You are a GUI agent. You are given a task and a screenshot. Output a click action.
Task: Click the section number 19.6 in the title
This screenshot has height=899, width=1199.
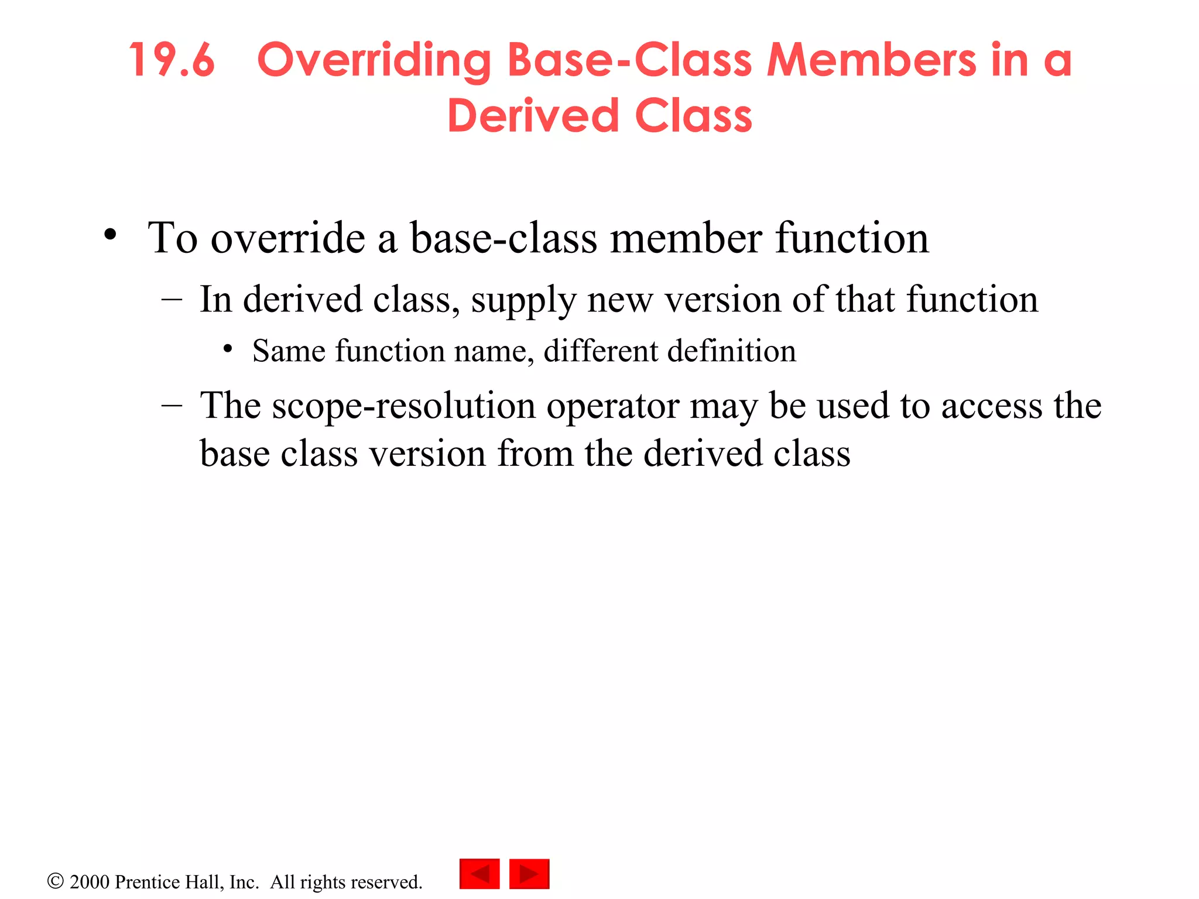tap(172, 60)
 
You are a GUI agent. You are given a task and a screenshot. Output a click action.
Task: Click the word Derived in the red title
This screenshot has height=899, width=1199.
tap(533, 116)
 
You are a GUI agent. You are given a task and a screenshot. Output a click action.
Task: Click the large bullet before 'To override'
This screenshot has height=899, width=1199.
tap(110, 235)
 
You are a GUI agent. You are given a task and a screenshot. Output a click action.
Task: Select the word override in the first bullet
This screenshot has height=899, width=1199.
tap(287, 238)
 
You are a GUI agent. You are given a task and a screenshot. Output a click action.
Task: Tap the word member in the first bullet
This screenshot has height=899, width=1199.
tap(686, 238)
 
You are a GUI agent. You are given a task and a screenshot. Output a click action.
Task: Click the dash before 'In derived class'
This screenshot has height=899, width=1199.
tap(172, 300)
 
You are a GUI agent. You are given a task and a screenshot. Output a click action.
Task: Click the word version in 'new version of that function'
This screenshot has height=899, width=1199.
tap(722, 300)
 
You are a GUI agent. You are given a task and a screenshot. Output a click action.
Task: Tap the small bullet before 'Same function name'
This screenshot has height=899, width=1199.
tap(228, 349)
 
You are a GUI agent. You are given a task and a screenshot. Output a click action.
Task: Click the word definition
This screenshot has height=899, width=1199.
tap(732, 351)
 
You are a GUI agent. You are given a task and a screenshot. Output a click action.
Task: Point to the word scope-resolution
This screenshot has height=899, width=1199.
tap(404, 406)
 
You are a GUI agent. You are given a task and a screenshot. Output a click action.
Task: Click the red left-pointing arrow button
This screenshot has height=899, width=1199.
tap(479, 874)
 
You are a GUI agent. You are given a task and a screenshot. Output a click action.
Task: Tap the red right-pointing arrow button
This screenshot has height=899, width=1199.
tap(529, 874)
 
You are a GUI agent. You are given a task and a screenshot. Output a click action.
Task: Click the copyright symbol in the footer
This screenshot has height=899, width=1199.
tap(55, 881)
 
